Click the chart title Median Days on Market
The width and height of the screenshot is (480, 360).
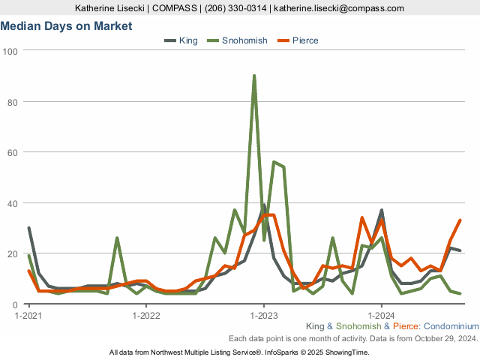66,26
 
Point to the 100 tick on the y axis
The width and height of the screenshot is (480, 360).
10,51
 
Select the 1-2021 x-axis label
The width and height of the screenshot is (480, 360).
29,315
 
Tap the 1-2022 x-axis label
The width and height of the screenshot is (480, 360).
146,315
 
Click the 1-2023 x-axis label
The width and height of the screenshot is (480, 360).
264,315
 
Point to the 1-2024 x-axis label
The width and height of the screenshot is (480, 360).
381,315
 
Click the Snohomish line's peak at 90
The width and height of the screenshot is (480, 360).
254,76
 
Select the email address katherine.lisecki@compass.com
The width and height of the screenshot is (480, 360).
339,8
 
